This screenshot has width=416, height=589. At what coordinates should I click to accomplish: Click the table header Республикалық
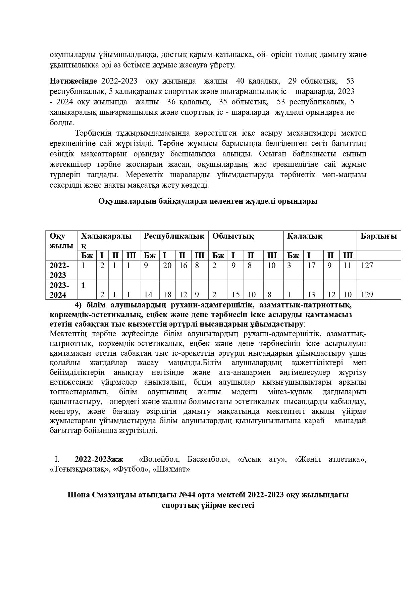click(174, 236)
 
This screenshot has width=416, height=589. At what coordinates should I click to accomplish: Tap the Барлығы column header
click(378, 236)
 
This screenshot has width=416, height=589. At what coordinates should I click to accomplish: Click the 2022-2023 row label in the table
click(59, 270)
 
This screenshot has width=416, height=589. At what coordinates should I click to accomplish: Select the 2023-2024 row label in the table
click(59, 290)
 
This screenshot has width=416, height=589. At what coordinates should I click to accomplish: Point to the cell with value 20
click(167, 265)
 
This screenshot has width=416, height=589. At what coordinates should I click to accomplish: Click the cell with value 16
click(183, 265)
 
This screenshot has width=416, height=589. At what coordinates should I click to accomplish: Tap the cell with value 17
click(311, 265)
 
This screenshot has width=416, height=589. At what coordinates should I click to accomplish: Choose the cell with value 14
click(148, 295)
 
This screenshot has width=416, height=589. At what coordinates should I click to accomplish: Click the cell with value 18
click(167, 295)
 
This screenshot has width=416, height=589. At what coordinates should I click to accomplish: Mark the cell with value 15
click(236, 295)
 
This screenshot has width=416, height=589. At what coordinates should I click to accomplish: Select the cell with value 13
click(311, 295)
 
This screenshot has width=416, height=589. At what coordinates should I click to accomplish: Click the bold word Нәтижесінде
click(73, 81)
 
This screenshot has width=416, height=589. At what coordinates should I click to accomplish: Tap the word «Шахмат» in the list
click(171, 469)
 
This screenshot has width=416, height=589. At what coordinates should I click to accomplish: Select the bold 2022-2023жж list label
click(99, 459)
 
